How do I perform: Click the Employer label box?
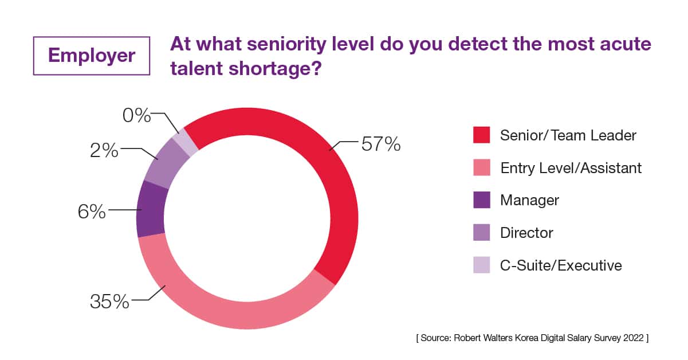tap(92, 55)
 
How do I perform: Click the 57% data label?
tap(380, 145)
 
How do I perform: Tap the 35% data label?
tap(109, 302)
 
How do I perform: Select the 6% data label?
tap(92, 212)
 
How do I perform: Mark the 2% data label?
tap(104, 151)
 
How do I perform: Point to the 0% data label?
tap(136, 116)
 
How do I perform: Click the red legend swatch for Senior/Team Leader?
tap(481, 135)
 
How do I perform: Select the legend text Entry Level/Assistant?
tap(571, 168)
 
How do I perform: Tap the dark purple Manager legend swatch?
tap(481, 200)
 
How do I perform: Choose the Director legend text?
tap(526, 233)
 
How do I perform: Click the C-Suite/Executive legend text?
tap(561, 265)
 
